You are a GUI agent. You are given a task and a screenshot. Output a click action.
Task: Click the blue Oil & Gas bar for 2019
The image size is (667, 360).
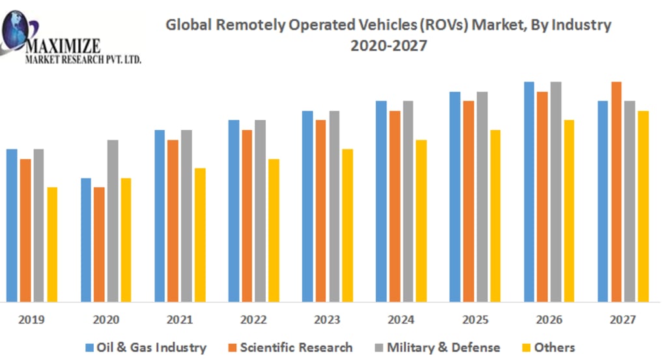click(12, 225)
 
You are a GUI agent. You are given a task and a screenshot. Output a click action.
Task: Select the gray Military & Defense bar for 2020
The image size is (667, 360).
click(113, 221)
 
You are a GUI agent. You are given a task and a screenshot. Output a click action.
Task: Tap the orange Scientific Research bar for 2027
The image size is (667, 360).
click(616, 192)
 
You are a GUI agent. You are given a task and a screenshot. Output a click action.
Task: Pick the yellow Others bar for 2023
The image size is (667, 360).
click(347, 225)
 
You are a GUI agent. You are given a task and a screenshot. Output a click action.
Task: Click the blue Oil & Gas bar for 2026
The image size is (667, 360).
click(529, 192)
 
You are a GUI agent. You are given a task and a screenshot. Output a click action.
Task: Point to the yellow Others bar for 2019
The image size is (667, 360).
click(52, 245)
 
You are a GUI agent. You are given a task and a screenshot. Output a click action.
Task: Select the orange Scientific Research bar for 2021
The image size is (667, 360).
click(173, 221)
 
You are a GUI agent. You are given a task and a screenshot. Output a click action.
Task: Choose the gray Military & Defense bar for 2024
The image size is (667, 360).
click(408, 201)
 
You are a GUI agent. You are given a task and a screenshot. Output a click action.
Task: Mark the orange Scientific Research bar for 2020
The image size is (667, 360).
click(99, 245)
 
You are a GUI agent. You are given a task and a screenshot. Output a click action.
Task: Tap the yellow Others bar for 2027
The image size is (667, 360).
click(643, 206)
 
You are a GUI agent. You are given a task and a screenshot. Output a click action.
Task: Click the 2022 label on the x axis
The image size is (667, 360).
click(253, 320)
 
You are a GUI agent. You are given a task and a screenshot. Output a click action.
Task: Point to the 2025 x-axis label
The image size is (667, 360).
click(474, 320)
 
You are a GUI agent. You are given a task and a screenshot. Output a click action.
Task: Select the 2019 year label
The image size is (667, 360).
click(32, 320)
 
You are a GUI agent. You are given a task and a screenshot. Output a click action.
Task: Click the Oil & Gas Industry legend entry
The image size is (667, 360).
click(147, 348)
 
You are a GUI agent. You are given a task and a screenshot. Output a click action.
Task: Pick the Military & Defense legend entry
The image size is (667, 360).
click(437, 348)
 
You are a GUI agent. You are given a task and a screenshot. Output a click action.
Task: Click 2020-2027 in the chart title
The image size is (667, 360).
click(388, 46)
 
